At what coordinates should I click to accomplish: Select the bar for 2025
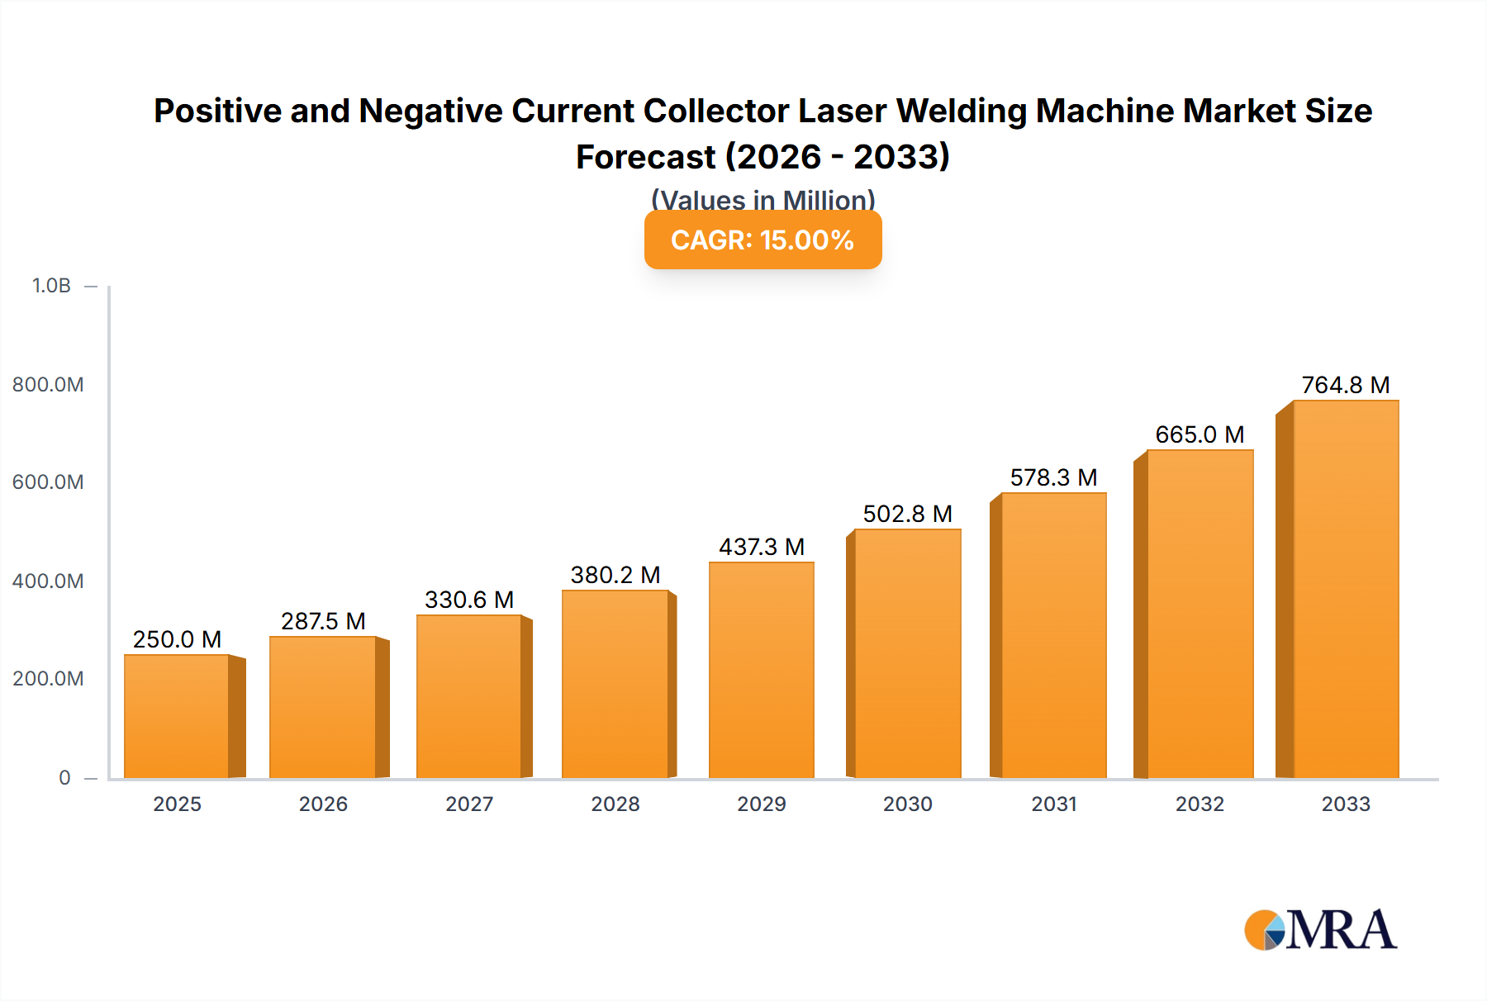(x=177, y=717)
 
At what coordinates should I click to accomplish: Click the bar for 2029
(x=761, y=671)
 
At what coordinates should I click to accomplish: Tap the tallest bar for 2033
(x=1346, y=590)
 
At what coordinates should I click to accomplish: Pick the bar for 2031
(x=1053, y=636)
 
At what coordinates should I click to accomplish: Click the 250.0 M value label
(x=177, y=639)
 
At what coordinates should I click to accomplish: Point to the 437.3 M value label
(x=761, y=547)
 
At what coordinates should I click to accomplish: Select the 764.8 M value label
(x=1346, y=385)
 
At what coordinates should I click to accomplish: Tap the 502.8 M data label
(x=907, y=514)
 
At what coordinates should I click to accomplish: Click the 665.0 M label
(x=1200, y=434)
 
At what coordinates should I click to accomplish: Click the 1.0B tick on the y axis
(x=51, y=286)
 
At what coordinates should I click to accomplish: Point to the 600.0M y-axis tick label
(x=48, y=482)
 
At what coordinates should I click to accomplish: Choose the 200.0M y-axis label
(x=48, y=679)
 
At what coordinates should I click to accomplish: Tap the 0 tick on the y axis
(x=64, y=777)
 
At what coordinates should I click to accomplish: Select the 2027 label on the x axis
(x=469, y=804)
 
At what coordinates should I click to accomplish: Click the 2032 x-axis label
(x=1200, y=804)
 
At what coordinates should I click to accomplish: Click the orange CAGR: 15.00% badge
(x=763, y=240)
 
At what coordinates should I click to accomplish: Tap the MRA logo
(x=1320, y=930)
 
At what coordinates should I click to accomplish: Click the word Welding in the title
(x=962, y=111)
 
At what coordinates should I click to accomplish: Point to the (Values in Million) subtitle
(x=763, y=199)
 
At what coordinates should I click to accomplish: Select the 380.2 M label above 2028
(x=615, y=575)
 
